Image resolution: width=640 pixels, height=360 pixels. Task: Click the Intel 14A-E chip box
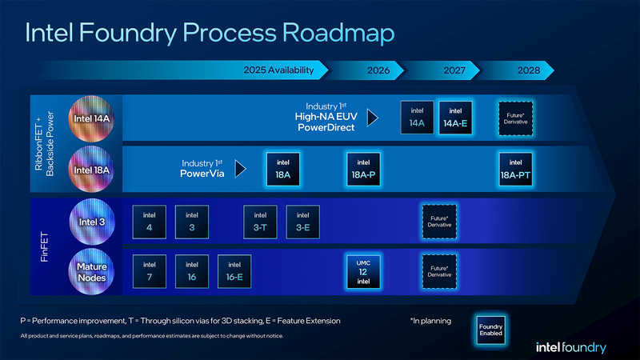pos(455,118)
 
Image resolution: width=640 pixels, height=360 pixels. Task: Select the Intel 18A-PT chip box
pos(515,168)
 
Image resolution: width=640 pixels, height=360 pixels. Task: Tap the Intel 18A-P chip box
pos(362,168)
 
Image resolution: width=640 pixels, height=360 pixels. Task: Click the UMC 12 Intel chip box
pos(362,270)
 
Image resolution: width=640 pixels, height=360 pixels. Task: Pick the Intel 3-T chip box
pos(260,220)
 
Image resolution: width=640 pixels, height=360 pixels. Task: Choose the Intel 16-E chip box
pos(234,270)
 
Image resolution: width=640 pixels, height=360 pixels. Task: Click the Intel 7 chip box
pos(150,270)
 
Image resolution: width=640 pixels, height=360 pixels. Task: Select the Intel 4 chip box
pos(150,220)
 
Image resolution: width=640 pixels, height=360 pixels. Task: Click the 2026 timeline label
pos(378,70)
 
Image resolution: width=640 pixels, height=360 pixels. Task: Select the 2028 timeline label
pos(529,70)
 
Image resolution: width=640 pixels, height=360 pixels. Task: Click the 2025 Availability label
pos(278,70)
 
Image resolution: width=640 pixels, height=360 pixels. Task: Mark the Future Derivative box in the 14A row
pos(515,118)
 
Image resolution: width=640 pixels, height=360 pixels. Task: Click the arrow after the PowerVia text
pos(238,169)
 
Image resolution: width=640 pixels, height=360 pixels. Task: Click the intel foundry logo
pos(571,347)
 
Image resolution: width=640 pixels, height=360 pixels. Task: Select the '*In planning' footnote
pos(430,321)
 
